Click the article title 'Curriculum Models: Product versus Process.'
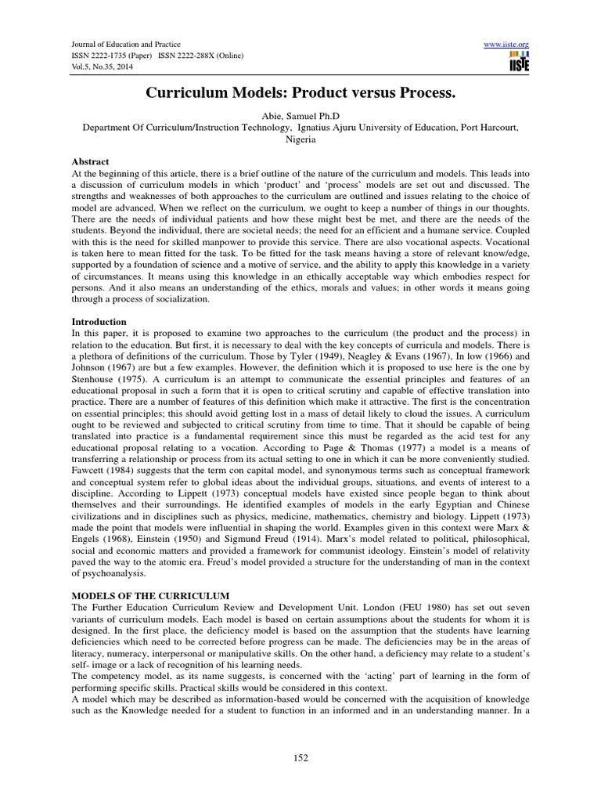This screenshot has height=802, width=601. coord(300,93)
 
